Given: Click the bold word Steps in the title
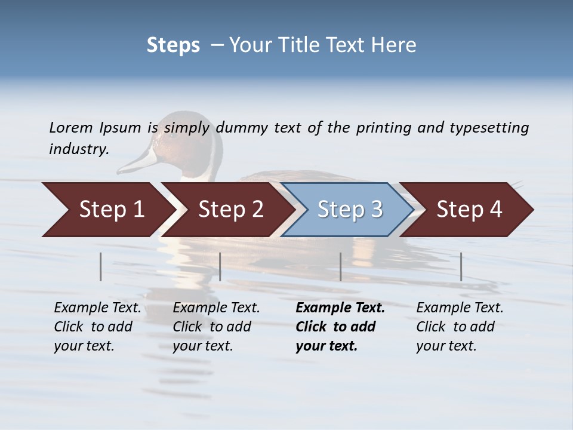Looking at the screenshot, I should [x=173, y=45].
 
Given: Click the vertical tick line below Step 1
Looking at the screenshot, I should [x=101, y=266].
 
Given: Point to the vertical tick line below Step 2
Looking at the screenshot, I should [x=220, y=266].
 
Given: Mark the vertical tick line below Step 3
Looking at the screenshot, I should [x=341, y=266].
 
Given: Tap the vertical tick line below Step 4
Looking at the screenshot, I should [x=461, y=266].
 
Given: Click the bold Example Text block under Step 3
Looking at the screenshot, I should [x=340, y=327].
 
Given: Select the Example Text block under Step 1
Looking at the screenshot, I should [x=97, y=327].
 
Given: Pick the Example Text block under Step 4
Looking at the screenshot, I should [x=460, y=327].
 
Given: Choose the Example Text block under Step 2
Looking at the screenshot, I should [x=216, y=327].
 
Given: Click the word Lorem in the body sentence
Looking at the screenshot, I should [x=71, y=127].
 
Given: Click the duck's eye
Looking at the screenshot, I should [x=173, y=135].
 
